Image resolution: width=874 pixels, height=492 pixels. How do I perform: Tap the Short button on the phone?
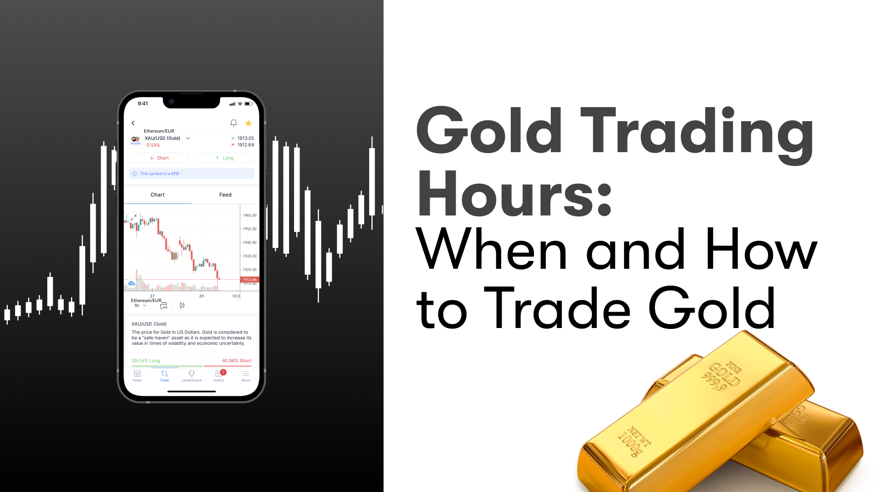[159, 158]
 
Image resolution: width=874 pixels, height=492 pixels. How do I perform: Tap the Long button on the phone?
[224, 158]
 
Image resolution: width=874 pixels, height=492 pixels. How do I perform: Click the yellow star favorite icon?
[249, 123]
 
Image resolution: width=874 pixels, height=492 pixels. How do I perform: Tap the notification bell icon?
[234, 123]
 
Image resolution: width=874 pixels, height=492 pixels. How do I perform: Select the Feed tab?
[225, 195]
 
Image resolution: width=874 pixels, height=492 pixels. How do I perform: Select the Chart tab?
[158, 195]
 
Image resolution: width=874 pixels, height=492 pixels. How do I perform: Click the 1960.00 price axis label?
[249, 215]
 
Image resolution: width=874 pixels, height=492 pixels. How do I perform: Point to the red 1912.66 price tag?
[249, 279]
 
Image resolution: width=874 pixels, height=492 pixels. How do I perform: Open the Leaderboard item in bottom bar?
[192, 375]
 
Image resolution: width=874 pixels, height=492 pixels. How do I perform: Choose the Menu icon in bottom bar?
[246, 375]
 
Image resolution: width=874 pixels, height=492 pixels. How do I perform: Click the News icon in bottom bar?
[137, 375]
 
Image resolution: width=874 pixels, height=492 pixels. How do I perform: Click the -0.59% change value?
[152, 145]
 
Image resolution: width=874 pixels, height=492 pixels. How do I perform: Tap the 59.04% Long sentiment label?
[146, 361]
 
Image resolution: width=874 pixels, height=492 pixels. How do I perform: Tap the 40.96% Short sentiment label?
[237, 361]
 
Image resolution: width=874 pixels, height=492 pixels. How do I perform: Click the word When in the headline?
[492, 251]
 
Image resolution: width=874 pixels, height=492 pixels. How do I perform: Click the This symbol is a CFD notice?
[159, 174]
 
